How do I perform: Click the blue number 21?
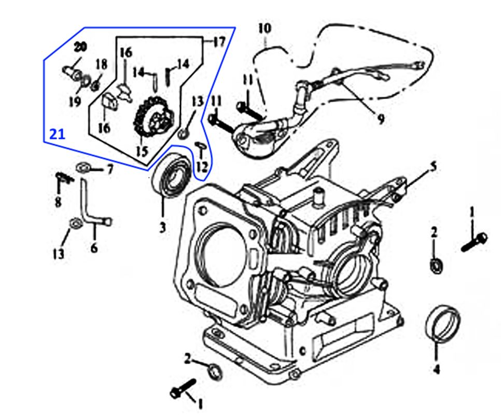click(57, 134)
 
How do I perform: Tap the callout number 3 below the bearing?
click(162, 227)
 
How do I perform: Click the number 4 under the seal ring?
click(436, 369)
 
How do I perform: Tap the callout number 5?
click(434, 166)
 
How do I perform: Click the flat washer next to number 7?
click(82, 168)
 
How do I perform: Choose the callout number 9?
click(381, 119)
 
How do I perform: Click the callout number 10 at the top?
click(265, 28)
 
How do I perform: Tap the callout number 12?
click(202, 167)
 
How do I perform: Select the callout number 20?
click(80, 47)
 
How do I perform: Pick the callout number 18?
click(101, 64)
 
